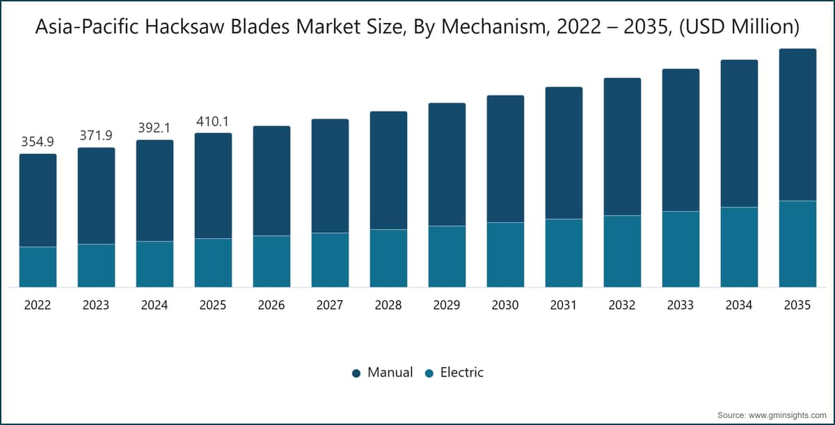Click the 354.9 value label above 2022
tap(38, 142)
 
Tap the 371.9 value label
tap(96, 135)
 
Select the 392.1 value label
tap(154, 128)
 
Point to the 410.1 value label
tap(213, 122)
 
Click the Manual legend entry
tap(383, 372)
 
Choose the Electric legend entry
tap(454, 372)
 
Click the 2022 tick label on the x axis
tap(38, 305)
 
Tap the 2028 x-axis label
tap(388, 305)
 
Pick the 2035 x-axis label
tap(797, 305)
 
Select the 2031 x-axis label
tap(564, 305)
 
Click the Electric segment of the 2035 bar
tap(797, 244)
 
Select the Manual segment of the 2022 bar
tap(38, 201)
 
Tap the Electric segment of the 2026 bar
tap(272, 261)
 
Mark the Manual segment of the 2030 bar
tap(505, 159)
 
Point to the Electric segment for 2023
tap(97, 265)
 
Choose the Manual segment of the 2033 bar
tap(681, 140)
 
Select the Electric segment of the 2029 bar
tap(447, 256)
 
